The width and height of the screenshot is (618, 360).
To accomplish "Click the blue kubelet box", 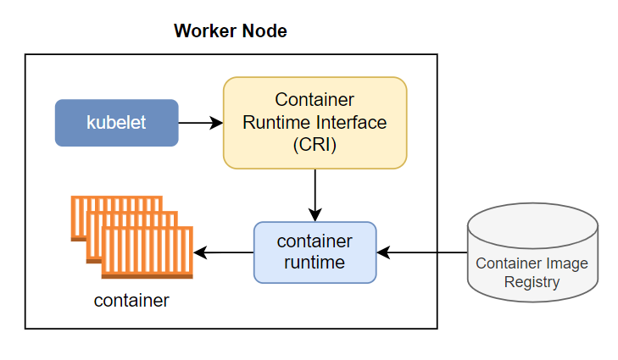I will (x=116, y=123).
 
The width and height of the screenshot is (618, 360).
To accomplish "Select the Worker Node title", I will (x=231, y=32).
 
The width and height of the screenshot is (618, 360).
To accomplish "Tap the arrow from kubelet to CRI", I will (x=200, y=123).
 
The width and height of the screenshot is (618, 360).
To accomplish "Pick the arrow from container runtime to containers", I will (x=224, y=252).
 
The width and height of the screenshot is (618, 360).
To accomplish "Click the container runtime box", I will (x=315, y=252).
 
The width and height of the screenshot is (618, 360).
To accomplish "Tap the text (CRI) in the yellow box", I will (x=315, y=145).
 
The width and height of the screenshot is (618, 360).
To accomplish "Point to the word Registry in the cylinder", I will (x=532, y=282).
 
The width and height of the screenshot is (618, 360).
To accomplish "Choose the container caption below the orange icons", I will (x=131, y=300).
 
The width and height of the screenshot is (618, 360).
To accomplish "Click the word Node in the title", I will (x=265, y=32).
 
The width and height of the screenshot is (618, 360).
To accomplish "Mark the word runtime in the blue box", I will (x=315, y=263).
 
